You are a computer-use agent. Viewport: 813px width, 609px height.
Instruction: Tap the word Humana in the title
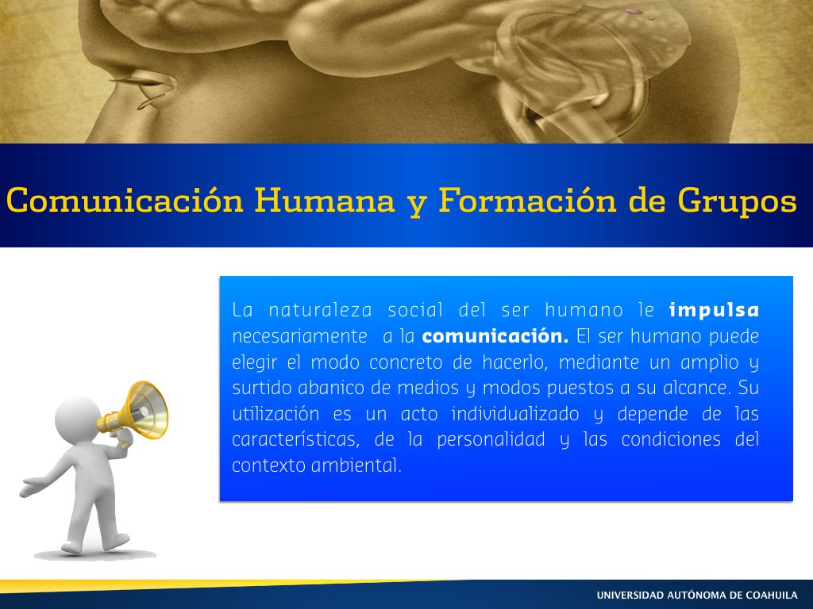(325, 200)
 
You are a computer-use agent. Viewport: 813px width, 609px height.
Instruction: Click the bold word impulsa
(714, 310)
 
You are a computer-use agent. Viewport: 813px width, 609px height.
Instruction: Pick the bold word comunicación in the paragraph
(495, 336)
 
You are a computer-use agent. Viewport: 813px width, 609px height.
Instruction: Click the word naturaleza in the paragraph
(320, 310)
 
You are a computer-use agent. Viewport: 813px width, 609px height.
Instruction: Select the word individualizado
(514, 413)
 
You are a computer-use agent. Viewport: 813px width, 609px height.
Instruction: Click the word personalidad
(491, 439)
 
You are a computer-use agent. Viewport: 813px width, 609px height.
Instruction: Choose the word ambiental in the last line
(356, 465)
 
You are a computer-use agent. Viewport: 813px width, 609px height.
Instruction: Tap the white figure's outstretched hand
(31, 488)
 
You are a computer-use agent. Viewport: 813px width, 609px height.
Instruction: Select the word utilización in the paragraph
(275, 413)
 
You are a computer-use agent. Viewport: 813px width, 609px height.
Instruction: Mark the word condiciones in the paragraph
(671, 439)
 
